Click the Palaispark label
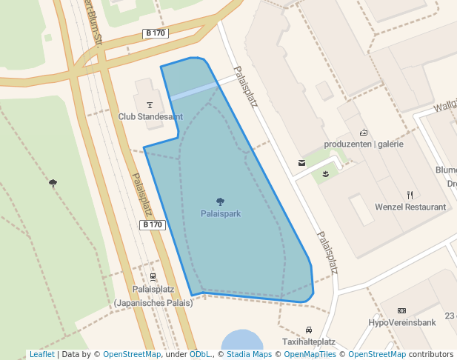(221, 213)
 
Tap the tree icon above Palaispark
(220, 201)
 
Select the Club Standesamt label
(150, 116)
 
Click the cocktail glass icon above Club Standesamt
(150, 104)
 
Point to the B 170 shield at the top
(156, 33)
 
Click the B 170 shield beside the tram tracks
(152, 224)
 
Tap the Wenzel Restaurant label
(410, 207)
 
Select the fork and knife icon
(410, 195)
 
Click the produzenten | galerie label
(364, 144)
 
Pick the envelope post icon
(301, 161)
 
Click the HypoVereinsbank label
(401, 322)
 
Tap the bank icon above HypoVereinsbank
(401, 310)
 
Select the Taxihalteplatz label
(309, 342)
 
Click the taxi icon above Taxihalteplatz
(309, 330)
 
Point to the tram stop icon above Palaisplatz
(153, 277)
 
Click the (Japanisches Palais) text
(153, 302)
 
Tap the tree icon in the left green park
(53, 182)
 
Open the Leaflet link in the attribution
(41, 355)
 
